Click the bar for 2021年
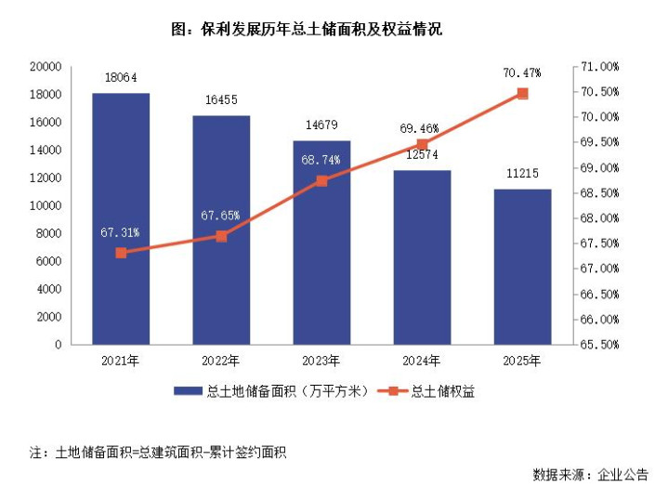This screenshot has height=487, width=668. point(120,218)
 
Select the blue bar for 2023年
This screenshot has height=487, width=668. point(321,243)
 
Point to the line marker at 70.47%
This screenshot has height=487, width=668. point(522,93)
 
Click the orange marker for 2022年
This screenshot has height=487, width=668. point(221,236)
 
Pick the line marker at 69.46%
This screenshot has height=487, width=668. point(422,144)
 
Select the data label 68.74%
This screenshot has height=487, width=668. point(321,160)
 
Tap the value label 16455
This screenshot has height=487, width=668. point(220,101)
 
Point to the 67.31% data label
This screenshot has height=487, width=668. point(120,232)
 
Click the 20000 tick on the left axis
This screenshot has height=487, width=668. point(46,67)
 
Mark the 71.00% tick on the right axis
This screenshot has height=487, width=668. point(598,67)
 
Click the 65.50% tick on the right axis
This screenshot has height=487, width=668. point(598,345)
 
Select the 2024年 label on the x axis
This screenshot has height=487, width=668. point(422,361)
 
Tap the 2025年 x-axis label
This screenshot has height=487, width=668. point(522,361)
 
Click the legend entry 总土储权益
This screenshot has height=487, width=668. point(442,391)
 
